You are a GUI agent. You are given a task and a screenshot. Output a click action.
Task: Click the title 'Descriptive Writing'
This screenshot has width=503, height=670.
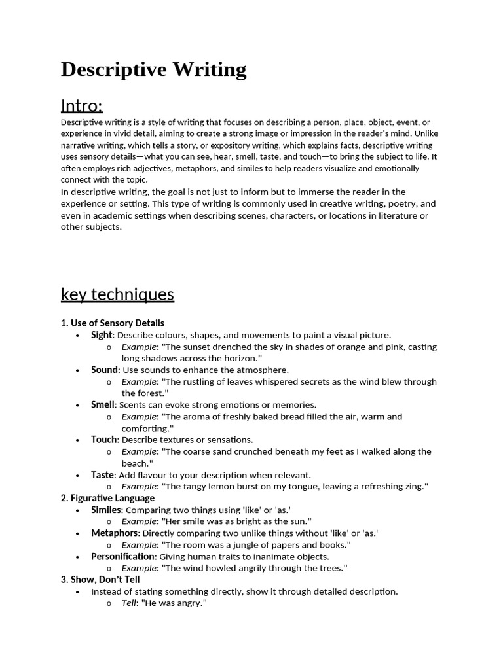click(153, 69)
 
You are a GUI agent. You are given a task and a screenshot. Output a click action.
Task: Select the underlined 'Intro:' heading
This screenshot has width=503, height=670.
click(82, 105)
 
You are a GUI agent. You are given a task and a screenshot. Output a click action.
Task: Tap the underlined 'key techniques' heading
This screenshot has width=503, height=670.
click(117, 294)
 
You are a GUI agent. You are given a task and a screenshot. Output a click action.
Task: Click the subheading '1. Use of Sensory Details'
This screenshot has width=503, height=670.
click(113, 323)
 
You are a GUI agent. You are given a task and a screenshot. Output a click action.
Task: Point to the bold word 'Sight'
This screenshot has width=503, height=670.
click(102, 335)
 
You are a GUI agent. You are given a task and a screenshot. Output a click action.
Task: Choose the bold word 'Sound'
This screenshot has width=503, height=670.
click(104, 370)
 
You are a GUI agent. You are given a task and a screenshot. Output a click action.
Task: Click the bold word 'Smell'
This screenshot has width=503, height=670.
click(103, 405)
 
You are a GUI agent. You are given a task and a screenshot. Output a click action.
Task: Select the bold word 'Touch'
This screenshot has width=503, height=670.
click(103, 440)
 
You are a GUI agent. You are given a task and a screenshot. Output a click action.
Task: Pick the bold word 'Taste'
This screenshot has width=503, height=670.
click(102, 475)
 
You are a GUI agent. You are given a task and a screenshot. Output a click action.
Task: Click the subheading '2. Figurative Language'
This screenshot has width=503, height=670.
click(107, 498)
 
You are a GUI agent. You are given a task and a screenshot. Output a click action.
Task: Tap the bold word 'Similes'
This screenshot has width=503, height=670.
click(106, 510)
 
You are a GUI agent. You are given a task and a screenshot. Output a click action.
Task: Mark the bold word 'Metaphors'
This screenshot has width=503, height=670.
click(114, 533)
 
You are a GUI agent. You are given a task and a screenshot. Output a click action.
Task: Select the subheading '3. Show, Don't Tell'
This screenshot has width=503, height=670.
click(100, 580)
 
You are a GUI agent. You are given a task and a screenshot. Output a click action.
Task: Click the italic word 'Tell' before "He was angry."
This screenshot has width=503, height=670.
click(128, 603)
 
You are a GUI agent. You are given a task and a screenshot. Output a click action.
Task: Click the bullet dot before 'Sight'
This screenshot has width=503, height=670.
click(77, 336)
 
